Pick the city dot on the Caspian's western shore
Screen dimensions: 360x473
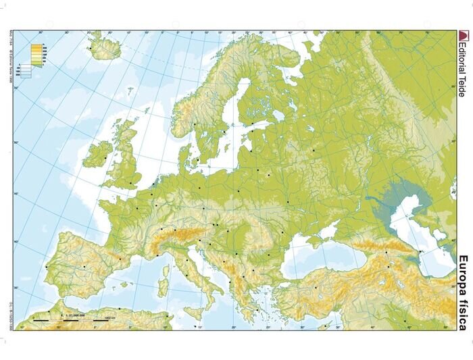coord(420,252)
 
